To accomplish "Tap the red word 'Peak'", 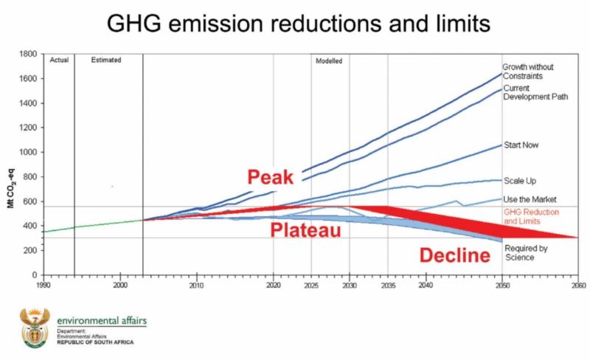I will coord(271,178).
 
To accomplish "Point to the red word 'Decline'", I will coord(455,256).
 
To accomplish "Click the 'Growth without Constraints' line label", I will coord(528,71).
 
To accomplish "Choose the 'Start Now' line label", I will coord(521,145).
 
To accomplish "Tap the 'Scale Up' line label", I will coord(519,181).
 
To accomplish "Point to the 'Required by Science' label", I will coord(525,253).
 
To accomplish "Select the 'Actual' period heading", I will coord(59,60).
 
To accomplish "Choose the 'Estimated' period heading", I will coord(106,60).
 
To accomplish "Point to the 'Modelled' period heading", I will coord(329,60).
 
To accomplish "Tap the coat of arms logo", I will coord(32,328).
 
